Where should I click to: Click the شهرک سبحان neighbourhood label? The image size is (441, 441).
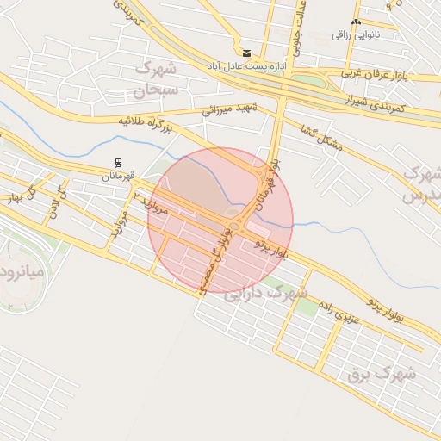156,78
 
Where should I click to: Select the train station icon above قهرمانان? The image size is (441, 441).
118,162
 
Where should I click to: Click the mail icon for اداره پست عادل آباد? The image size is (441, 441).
246,53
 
